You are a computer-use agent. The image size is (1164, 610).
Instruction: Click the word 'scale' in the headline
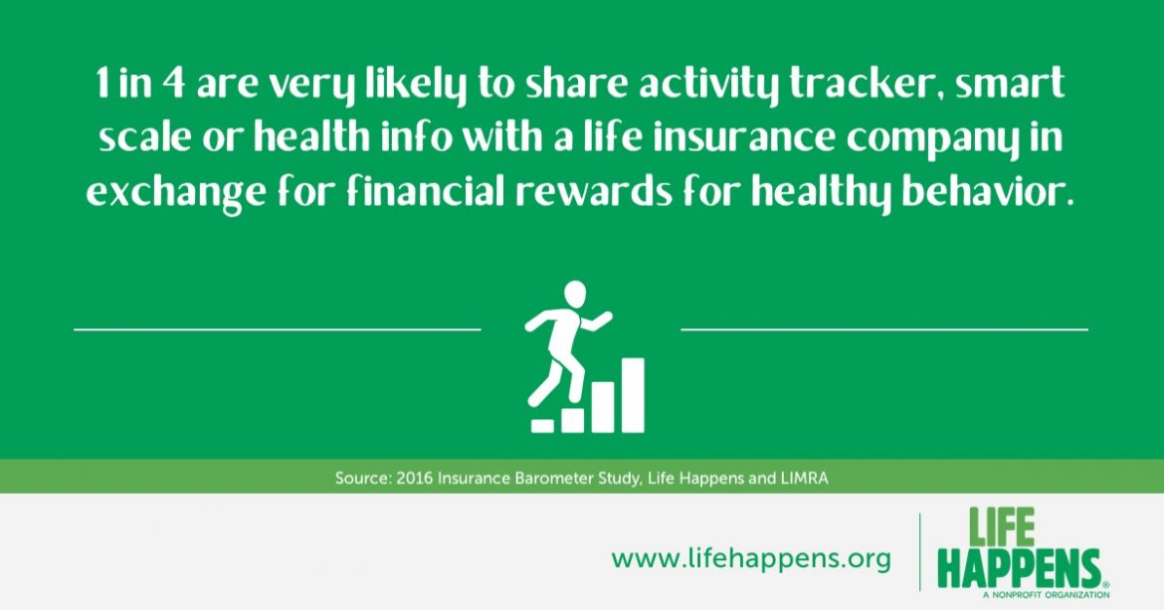point(145,138)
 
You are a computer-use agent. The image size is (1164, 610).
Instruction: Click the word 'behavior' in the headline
point(987,192)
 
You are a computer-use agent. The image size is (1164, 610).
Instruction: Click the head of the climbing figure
point(575,294)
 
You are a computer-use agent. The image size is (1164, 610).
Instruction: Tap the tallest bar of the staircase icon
point(633,395)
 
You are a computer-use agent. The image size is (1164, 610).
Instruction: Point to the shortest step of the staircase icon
point(542,426)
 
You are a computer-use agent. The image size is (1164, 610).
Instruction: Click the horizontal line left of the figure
point(278,328)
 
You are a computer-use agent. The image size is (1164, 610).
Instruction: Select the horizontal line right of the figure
point(884,328)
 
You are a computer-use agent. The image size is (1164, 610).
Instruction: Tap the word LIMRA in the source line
point(805,478)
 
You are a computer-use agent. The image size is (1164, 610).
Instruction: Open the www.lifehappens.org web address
point(751,558)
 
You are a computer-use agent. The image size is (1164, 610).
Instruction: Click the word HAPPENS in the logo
point(1019,568)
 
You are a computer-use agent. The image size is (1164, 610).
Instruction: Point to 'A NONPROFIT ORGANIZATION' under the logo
point(1046,594)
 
